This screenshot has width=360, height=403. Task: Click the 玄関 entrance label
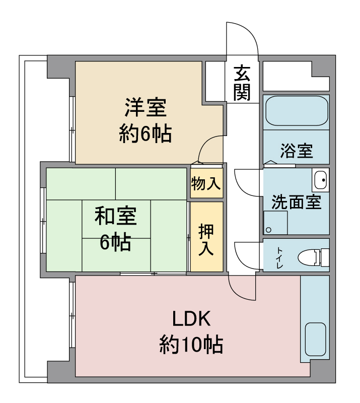pyautogui.click(x=242, y=83)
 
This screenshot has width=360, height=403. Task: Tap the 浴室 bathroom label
pyautogui.click(x=296, y=151)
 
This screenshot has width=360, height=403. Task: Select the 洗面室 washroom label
pyautogui.click(x=296, y=202)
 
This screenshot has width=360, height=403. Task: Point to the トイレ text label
pyautogui.click(x=279, y=257)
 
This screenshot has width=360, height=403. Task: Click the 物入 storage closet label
pyautogui.click(x=206, y=183)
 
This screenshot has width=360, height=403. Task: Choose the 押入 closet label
pyautogui.click(x=206, y=240)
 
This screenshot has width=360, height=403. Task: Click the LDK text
pyautogui.click(x=191, y=319)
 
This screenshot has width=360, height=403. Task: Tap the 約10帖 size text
pyautogui.click(x=191, y=345)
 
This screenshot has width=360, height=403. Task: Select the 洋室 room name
pyautogui.click(x=146, y=107)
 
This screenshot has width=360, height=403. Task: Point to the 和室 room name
pyautogui.click(x=116, y=216)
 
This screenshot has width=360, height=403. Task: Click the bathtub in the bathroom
pyautogui.click(x=297, y=111)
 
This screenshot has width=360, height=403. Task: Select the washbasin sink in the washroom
pyautogui.click(x=320, y=180)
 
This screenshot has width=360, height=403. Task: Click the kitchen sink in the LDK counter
pyautogui.click(x=315, y=339)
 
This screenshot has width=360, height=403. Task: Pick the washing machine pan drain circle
pyautogui.click(x=268, y=230)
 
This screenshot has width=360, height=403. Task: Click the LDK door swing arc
pyautogui.click(x=238, y=293)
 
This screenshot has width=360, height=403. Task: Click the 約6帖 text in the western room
pyautogui.click(x=146, y=133)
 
